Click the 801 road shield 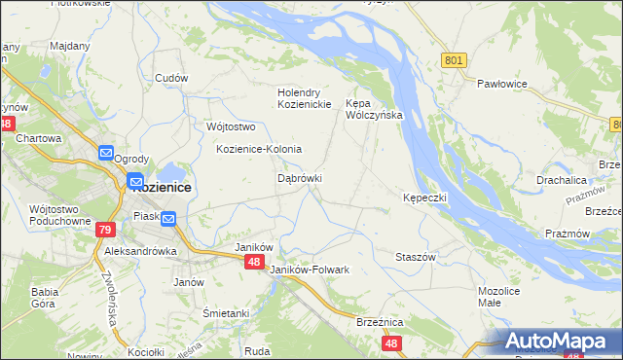click(453, 60)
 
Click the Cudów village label click(170, 78)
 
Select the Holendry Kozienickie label click(306, 98)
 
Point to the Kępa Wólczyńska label click(374, 108)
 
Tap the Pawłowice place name click(501, 84)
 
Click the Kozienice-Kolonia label click(259, 149)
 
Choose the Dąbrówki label click(300, 178)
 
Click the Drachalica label click(562, 180)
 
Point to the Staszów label click(415, 256)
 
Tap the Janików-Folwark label click(310, 269)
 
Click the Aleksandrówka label click(141, 250)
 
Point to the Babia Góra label click(46, 297)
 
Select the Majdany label click(69, 46)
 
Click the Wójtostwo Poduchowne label click(60, 214)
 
